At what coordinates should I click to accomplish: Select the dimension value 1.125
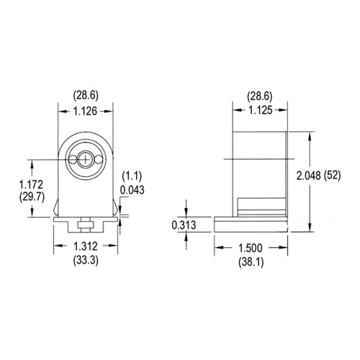(x=259, y=111)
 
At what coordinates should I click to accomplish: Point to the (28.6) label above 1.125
(x=259, y=95)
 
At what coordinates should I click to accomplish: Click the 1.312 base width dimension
(x=86, y=246)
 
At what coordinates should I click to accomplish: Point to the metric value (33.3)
(x=86, y=259)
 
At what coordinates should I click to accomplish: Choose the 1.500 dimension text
(x=251, y=248)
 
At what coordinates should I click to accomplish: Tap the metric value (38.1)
(x=251, y=262)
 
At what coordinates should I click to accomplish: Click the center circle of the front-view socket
(x=86, y=158)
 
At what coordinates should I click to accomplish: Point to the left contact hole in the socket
(x=74, y=158)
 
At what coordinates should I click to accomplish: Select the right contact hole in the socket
(x=99, y=158)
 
